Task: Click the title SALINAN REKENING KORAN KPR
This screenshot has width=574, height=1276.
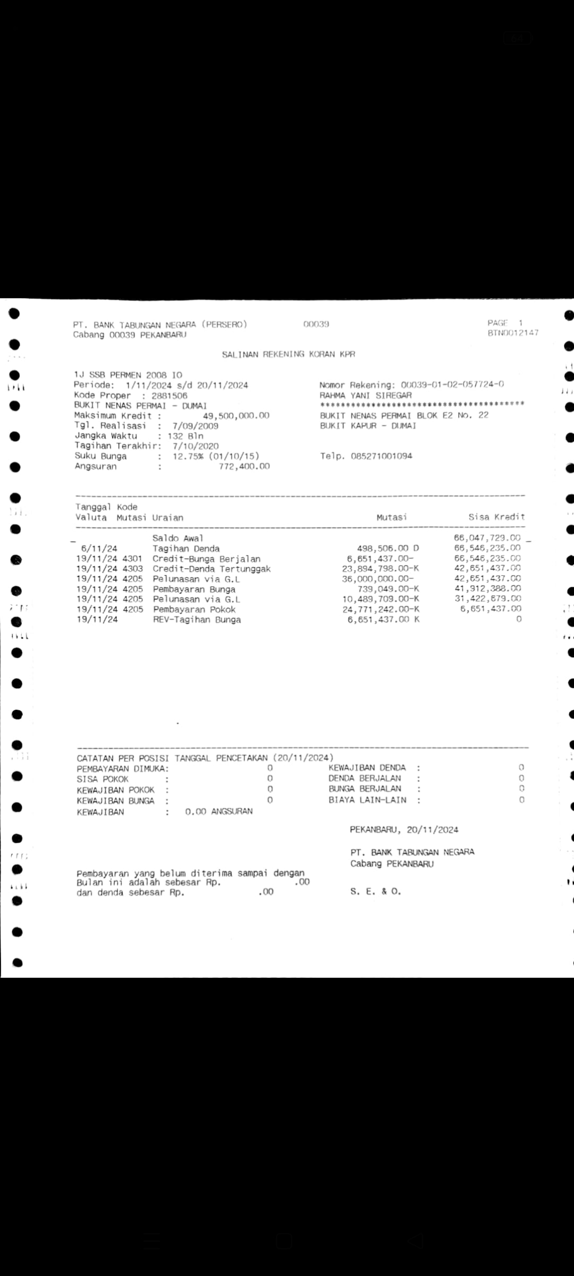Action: click(288, 354)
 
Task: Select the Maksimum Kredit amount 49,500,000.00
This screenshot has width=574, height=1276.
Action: click(236, 416)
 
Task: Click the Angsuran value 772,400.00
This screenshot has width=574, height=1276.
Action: click(244, 466)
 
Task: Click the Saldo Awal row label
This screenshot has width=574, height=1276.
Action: click(178, 538)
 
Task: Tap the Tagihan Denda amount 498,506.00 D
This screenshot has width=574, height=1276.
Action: click(388, 548)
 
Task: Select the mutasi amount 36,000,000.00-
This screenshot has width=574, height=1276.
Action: click(377, 579)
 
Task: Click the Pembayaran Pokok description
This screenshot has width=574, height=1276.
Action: click(194, 609)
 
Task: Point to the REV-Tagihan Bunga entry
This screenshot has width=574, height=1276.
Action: click(197, 619)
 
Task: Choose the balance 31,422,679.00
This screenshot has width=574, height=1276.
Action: click(487, 599)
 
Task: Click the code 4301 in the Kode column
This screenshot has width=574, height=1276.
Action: click(132, 559)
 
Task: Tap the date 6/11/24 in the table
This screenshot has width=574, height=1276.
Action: click(99, 548)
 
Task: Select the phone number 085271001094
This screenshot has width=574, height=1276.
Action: click(381, 456)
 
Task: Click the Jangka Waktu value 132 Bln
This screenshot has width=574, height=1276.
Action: click(188, 436)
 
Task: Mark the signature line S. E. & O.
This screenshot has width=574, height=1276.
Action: click(375, 892)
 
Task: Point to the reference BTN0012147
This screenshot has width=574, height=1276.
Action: click(512, 333)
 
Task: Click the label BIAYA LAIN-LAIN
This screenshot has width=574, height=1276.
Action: click(367, 800)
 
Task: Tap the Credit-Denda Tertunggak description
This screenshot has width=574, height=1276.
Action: click(212, 569)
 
